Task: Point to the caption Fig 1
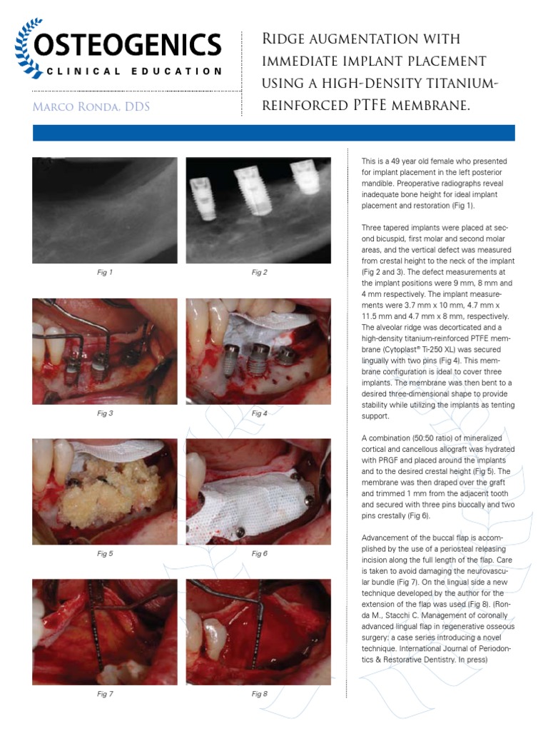pos(105,272)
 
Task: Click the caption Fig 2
pos(259,272)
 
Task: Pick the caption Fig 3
pos(105,413)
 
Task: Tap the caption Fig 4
pos(259,413)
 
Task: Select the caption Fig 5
pos(105,553)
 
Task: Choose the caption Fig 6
pos(259,553)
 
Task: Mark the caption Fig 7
pos(105,693)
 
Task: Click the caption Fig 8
pos(259,693)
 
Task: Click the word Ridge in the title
pos(288,39)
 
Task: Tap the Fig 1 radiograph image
pos(105,211)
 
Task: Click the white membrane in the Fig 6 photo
pos(250,503)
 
